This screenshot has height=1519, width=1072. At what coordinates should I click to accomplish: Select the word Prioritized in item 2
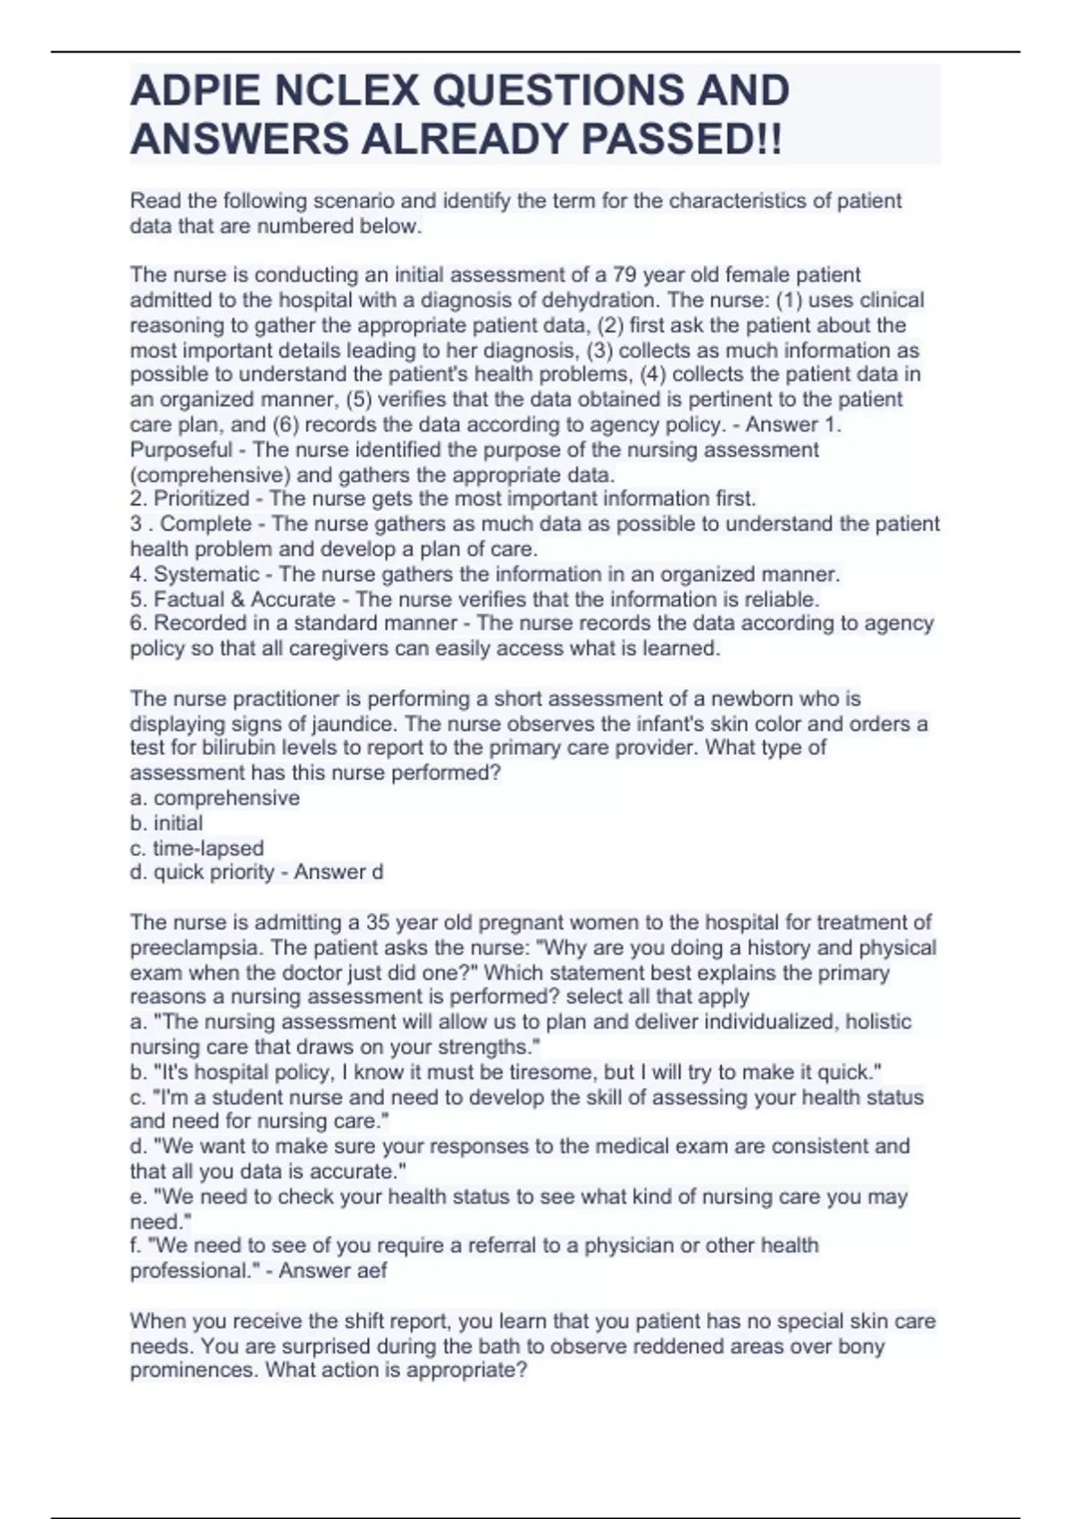[201, 499]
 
